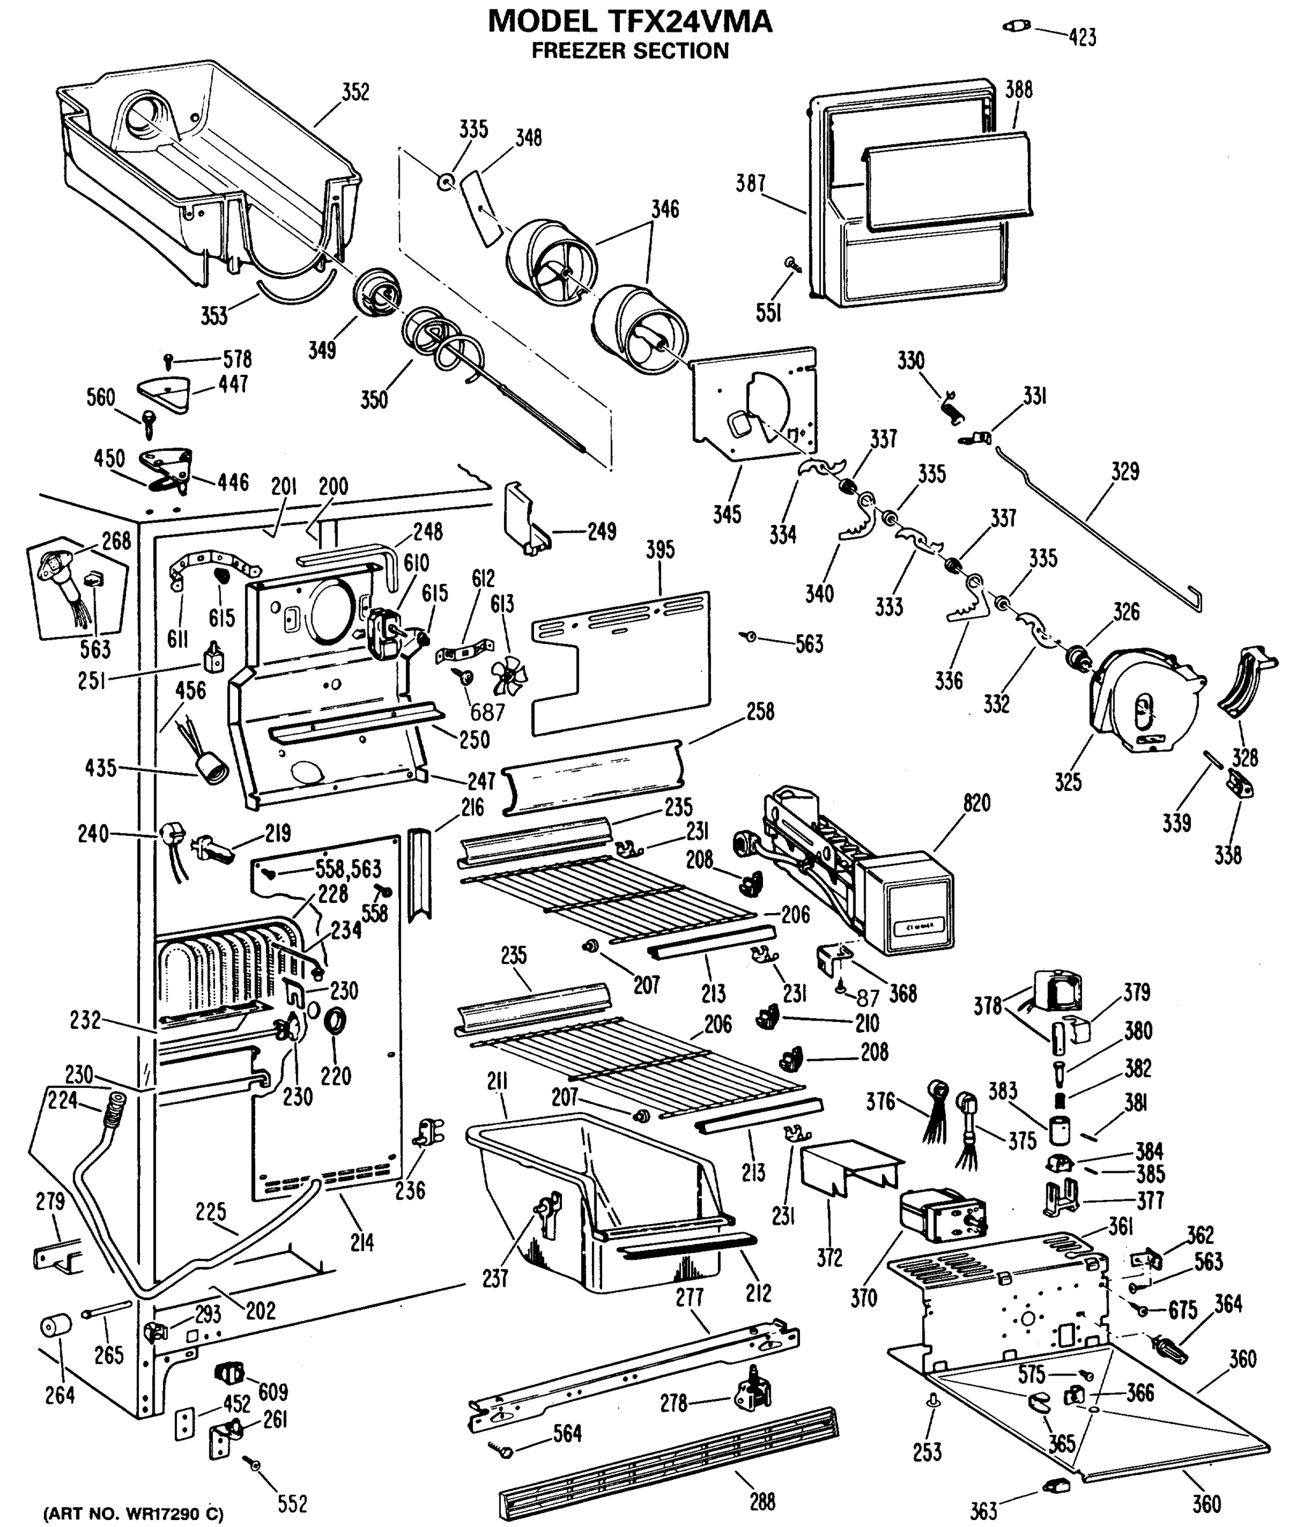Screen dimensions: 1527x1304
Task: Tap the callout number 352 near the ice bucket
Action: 355,92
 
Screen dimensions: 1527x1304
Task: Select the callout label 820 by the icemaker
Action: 976,804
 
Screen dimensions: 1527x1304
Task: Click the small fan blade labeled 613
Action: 508,676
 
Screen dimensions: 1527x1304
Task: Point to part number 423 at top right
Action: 1082,37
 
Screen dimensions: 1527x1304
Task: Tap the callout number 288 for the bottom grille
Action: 762,1501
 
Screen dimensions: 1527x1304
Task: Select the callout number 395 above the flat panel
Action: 660,549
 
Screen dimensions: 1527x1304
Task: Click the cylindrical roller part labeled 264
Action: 55,1326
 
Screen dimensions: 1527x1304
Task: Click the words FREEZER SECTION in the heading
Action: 630,51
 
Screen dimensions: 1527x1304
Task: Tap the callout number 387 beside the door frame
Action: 750,183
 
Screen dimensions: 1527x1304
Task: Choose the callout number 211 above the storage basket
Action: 498,1081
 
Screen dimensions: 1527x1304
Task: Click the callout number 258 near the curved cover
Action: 760,711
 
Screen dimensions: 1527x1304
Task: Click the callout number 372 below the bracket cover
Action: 829,1257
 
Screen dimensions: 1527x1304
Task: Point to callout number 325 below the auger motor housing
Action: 1067,782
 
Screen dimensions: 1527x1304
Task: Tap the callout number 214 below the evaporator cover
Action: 362,1243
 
